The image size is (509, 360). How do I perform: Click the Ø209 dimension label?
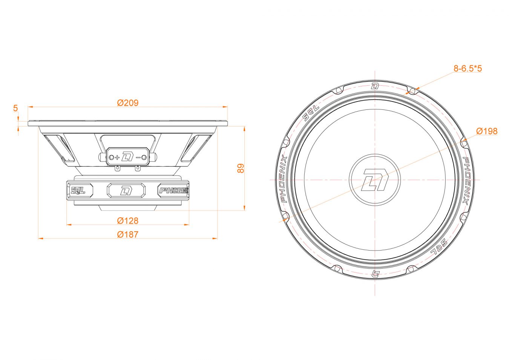[x=128, y=103]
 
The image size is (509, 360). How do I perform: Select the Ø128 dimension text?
[x=128, y=221]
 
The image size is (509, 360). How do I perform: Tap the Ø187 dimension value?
[x=128, y=234]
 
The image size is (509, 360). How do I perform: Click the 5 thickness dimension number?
[x=15, y=108]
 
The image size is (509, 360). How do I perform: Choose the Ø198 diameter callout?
[x=487, y=131]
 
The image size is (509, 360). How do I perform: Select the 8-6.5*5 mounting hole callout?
[x=468, y=68]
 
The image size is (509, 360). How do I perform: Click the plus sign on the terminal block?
[x=117, y=157]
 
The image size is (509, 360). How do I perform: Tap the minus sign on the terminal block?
[x=138, y=157]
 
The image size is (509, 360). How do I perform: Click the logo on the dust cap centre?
[x=375, y=180]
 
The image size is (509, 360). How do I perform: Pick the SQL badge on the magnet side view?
[x=79, y=190]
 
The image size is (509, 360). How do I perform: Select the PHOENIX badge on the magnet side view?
[x=173, y=190]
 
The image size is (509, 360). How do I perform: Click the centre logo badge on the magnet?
[x=126, y=190]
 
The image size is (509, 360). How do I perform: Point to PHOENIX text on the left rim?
[x=284, y=179]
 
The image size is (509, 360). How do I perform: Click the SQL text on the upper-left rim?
[x=311, y=113]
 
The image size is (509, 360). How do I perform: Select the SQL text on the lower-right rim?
[x=438, y=247]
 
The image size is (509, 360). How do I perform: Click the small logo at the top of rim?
[x=375, y=86]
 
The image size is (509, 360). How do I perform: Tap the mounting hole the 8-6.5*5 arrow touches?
[x=412, y=91]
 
